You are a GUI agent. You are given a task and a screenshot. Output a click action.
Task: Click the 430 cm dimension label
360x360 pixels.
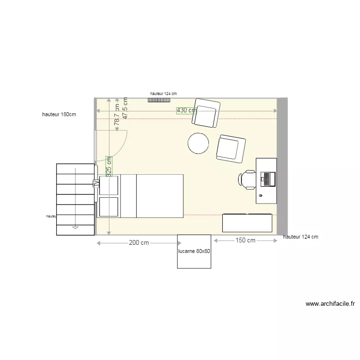pos(187,110)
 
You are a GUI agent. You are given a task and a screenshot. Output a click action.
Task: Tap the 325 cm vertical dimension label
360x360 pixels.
pos(109,166)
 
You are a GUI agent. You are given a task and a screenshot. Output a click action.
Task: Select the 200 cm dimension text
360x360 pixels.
pos(138,243)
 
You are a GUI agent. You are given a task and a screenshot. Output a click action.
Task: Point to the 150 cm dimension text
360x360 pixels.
pos(245,240)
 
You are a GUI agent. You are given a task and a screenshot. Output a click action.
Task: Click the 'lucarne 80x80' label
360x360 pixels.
pos(194,252)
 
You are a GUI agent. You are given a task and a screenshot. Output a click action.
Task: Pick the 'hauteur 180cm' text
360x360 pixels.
pos(59,115)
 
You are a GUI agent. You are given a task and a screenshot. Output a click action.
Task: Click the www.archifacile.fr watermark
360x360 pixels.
pos(330,304)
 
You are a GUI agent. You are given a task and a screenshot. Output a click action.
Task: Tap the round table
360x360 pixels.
pos(198,143)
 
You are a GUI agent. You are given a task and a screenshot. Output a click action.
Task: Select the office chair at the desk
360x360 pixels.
pos(247,179)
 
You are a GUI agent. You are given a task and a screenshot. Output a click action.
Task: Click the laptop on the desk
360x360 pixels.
pos(267,179)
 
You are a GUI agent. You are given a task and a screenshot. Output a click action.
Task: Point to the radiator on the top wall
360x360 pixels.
pos(159,100)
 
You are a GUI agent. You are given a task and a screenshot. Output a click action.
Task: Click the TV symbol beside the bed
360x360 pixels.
pos(96,183)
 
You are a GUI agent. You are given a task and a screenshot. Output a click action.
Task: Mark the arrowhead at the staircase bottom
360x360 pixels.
pos(75,228)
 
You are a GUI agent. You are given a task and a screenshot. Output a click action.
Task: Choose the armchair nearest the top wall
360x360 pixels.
pos(206,113)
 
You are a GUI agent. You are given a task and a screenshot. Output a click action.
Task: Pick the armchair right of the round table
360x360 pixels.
pos(231,148)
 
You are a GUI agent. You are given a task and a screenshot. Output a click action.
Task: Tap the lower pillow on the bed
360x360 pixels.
pos(109,206)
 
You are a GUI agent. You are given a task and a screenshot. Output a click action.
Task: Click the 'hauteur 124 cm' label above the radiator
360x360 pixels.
pos(163,94)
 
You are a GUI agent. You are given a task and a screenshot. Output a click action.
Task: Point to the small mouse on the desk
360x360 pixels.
pos(260,196)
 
